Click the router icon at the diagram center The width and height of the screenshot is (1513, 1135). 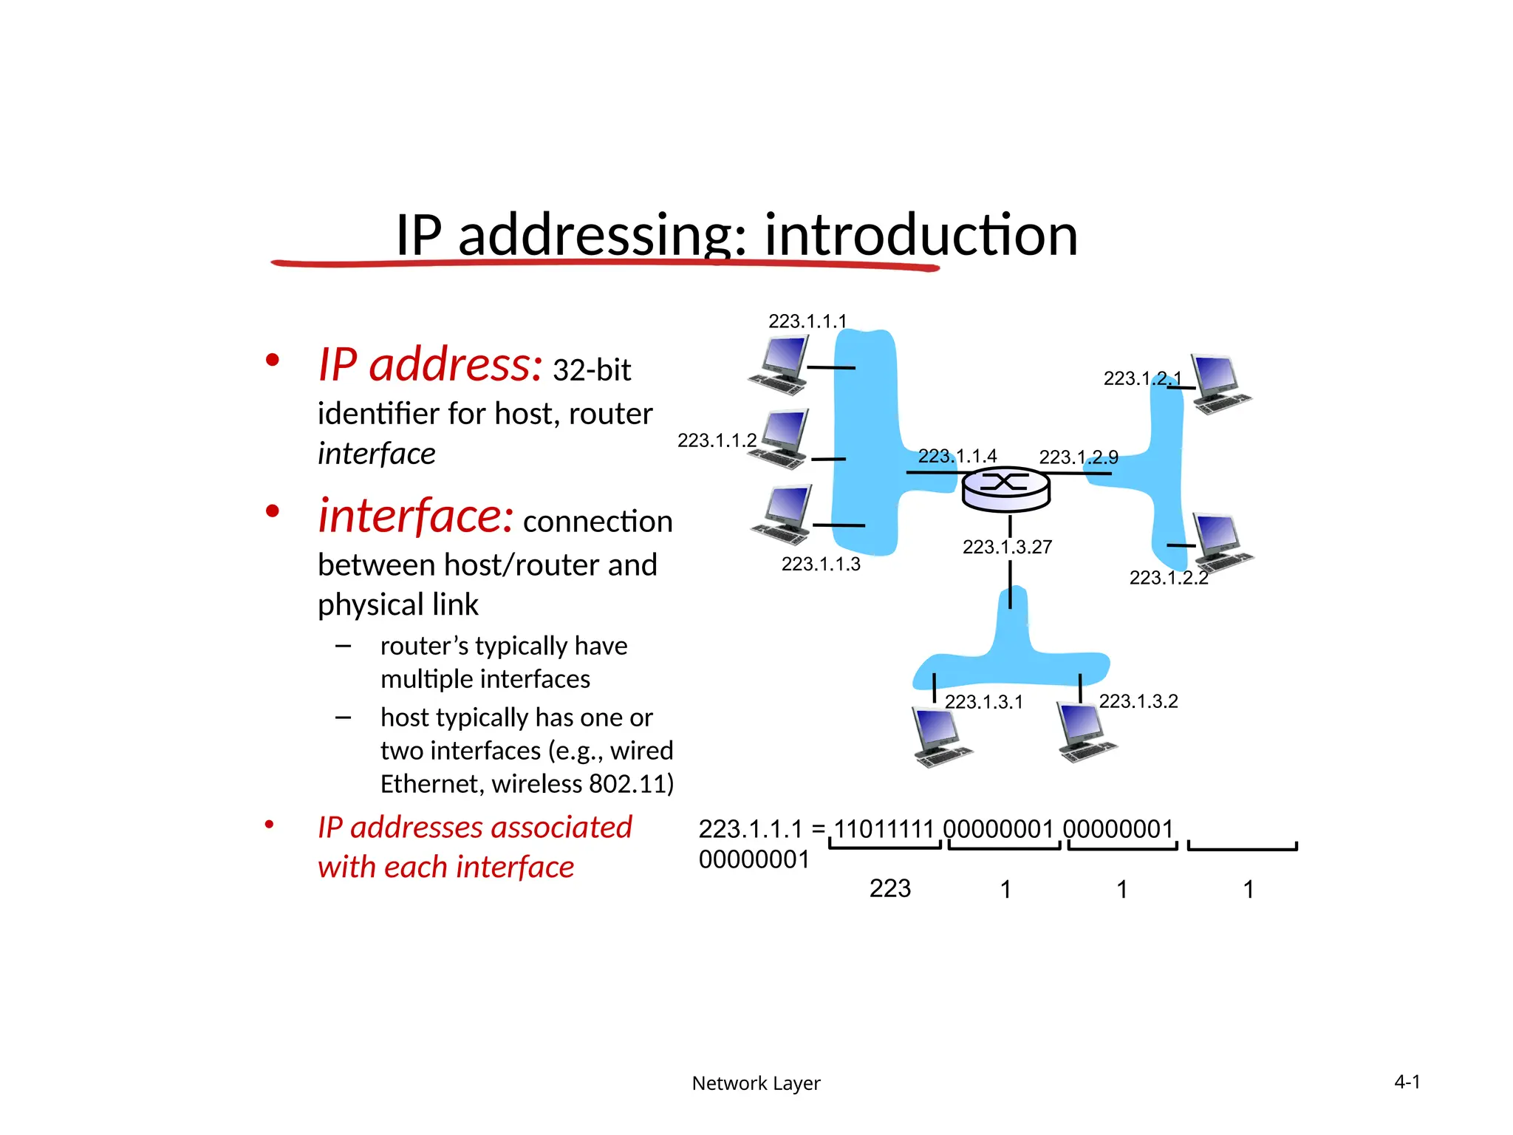coord(1005,489)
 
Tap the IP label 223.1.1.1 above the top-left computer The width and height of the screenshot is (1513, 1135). coord(807,321)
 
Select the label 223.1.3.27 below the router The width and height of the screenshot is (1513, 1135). coord(1007,547)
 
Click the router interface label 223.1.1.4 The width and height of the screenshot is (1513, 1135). coord(957,456)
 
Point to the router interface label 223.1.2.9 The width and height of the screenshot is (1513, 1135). coord(1079,457)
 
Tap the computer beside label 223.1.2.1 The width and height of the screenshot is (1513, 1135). coord(1220,384)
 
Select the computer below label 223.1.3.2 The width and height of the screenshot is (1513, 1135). coord(1085,732)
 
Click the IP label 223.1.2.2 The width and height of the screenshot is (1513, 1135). coord(1168,577)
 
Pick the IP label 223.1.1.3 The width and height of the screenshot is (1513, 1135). coord(821,564)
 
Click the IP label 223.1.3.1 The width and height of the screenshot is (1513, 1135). coord(983,701)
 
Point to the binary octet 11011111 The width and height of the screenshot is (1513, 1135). coord(884,829)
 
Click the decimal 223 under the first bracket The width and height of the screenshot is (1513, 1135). coord(889,888)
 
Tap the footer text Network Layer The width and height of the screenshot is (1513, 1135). coord(756,1083)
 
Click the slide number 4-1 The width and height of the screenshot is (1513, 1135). coord(1407,1083)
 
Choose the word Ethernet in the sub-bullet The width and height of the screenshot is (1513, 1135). coord(429,783)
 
